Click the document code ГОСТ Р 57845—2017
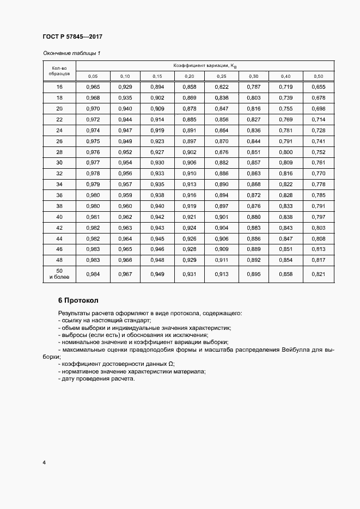tap(72, 37)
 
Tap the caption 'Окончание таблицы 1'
tap(71, 53)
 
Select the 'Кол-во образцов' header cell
tap(59, 71)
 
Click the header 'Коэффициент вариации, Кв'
tap(205, 66)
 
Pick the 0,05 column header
tap(93, 76)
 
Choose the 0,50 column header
tap(319, 76)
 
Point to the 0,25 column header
tap(222, 76)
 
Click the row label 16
tap(59, 87)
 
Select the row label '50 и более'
tap(59, 274)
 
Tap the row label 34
tap(59, 185)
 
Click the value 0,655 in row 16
tap(319, 87)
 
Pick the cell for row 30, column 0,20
tap(190, 163)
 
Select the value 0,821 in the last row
tap(319, 274)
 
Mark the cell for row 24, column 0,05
tap(93, 131)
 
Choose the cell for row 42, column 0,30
tap(254, 228)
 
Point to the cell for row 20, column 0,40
tap(286, 109)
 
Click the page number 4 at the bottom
tap(44, 463)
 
